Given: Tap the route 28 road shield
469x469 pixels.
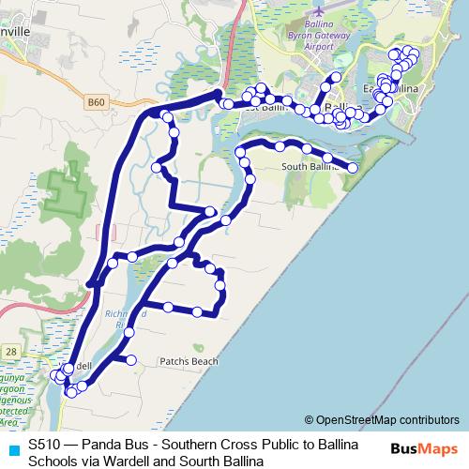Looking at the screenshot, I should coord(9,349).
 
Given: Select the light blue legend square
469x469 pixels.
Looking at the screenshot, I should coord(12,448).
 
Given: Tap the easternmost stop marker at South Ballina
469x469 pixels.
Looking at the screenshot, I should coord(353,168).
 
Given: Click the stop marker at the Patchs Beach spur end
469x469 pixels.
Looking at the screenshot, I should coord(130,359).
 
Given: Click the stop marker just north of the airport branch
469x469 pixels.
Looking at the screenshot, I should coord(336,76).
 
